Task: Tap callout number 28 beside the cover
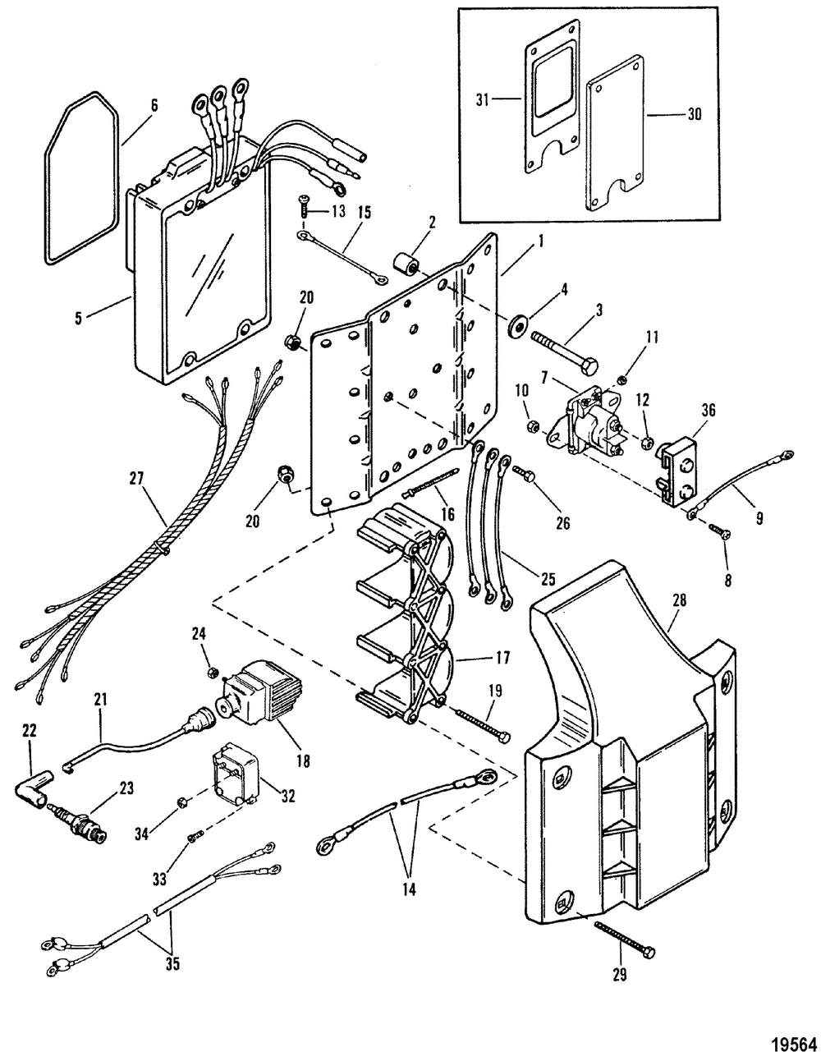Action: point(679,601)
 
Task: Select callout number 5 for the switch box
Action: point(78,319)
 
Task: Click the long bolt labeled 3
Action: point(565,353)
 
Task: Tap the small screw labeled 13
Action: point(305,207)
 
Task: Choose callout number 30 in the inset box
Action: point(694,115)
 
